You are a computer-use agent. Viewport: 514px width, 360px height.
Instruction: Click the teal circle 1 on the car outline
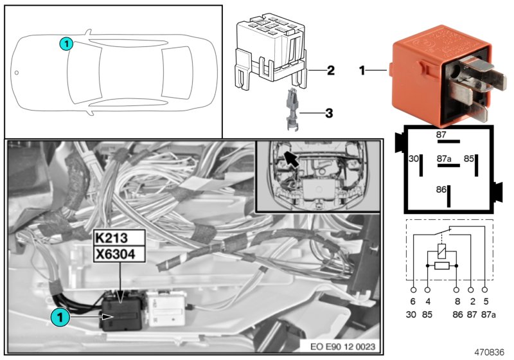pyautogui.click(x=65, y=43)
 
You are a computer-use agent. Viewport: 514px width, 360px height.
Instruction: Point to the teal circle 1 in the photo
pyautogui.click(x=58, y=316)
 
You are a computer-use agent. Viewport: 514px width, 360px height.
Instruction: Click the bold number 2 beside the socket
pyautogui.click(x=330, y=70)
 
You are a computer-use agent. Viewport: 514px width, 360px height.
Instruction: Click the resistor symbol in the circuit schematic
pyautogui.click(x=441, y=265)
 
